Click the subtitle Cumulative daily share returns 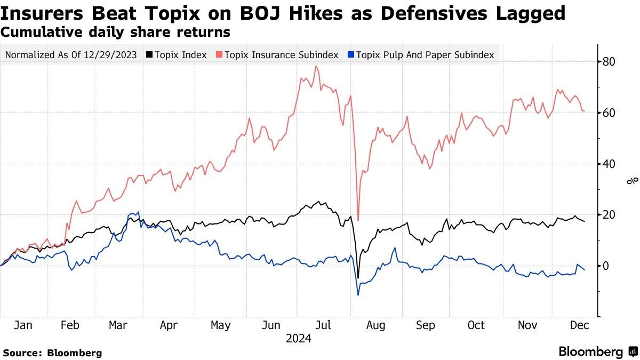[x=116, y=32]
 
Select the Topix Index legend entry [x=180, y=54]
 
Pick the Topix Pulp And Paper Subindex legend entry [x=425, y=54]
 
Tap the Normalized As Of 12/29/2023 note [x=70, y=54]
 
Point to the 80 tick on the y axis [x=609, y=62]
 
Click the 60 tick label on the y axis [x=609, y=113]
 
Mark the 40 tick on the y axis [x=609, y=164]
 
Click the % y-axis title [x=633, y=181]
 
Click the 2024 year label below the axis [x=299, y=338]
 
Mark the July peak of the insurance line [x=316, y=66]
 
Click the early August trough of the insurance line [x=358, y=220]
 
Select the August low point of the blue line [x=358, y=295]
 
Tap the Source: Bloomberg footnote [x=52, y=353]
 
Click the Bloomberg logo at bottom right [x=597, y=352]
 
